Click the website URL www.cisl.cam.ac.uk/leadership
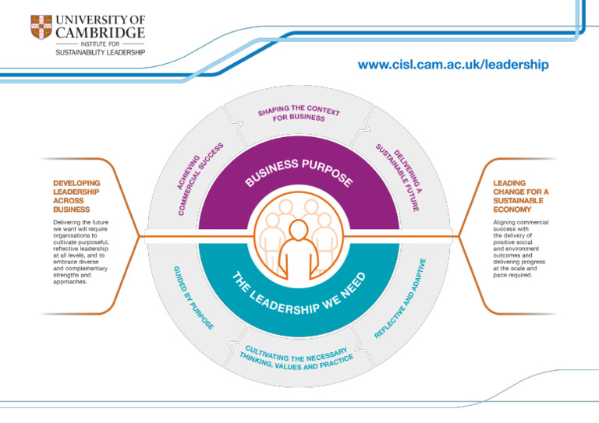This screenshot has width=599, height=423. coord(452,65)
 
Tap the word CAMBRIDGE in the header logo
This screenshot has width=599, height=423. coord(99,33)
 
